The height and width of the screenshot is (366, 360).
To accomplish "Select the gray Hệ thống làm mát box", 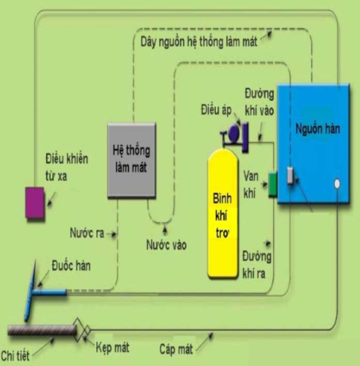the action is (x=132, y=160).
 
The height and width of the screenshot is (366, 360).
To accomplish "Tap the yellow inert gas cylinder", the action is (x=223, y=214).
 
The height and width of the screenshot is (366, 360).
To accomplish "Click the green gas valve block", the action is (x=272, y=184).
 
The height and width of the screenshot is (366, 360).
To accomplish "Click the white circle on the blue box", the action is (x=337, y=184).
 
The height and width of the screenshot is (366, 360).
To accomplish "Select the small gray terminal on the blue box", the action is (x=290, y=175).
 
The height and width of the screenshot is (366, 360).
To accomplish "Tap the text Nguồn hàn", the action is (x=318, y=129).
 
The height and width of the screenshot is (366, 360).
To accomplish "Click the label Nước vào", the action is (x=166, y=245).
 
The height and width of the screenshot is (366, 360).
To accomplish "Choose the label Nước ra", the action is (x=87, y=233).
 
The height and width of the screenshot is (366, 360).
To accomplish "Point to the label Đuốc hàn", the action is (x=71, y=266).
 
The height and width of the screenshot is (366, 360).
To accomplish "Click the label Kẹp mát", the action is (x=113, y=347).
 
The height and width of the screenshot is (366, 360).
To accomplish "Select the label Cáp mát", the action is (x=176, y=349).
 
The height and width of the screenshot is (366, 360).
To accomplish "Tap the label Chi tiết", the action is (x=15, y=356).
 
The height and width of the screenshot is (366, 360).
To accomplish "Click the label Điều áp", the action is (x=216, y=110).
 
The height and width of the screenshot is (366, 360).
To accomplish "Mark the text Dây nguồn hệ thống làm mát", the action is (x=199, y=42).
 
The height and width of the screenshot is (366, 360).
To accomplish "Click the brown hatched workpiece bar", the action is (x=42, y=331).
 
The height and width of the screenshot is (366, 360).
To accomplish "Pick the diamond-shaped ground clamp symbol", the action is (x=81, y=330).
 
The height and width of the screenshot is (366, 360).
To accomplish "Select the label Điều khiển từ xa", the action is (x=67, y=167).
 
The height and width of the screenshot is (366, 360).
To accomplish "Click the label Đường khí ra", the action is (x=257, y=265).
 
